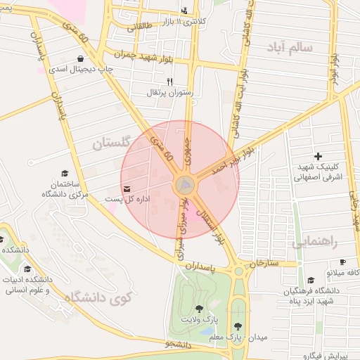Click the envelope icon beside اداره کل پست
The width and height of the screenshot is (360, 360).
pyautogui.click(x=127, y=188)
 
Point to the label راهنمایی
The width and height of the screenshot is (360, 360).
pyautogui.click(x=314, y=243)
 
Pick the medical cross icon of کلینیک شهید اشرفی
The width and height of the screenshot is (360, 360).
pyautogui.click(x=318, y=156)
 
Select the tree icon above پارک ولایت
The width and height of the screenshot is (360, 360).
pyautogui.click(x=200, y=309)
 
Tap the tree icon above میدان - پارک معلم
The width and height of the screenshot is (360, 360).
pyautogui.click(x=238, y=326)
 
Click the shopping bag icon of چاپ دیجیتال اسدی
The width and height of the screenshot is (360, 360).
pyautogui.click(x=82, y=59)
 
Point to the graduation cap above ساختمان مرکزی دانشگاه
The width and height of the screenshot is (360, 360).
pyautogui.click(x=65, y=173)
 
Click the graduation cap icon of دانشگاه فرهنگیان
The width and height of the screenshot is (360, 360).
pyautogui.click(x=311, y=280)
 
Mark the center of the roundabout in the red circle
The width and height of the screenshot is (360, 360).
pyautogui.click(x=184, y=186)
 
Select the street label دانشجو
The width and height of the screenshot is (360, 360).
pyautogui.click(x=179, y=345)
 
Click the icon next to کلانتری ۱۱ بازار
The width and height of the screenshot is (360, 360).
pyautogui.click(x=184, y=11)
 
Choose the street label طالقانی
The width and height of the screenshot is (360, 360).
pyautogui.click(x=139, y=27)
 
